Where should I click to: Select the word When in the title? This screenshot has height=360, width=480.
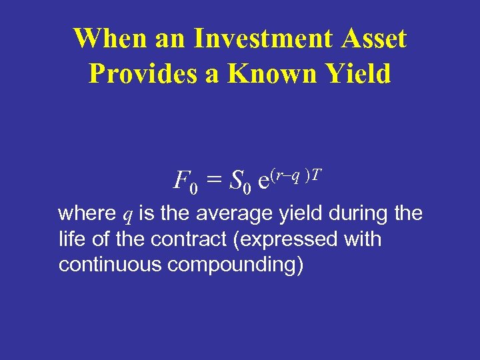coord(106,39)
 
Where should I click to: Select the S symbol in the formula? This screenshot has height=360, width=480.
coord(235,179)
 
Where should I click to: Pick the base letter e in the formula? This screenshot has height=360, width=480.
coord(264,181)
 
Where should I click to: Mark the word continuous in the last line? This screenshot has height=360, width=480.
coord(110,265)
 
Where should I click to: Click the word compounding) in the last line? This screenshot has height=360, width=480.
coord(236,265)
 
